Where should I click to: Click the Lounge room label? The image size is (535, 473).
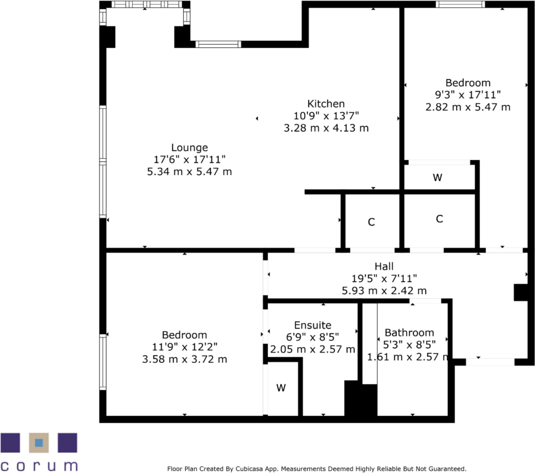[x=190, y=147]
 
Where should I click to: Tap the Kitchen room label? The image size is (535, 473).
[x=325, y=104]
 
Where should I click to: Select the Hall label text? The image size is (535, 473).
[x=384, y=266]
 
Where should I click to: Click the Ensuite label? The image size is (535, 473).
[x=312, y=325]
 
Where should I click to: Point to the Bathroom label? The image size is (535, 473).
[x=409, y=333]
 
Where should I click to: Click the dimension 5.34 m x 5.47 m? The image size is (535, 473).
[x=190, y=172]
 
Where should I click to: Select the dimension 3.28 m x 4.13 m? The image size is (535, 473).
[x=326, y=128]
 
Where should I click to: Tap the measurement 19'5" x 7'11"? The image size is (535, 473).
[x=384, y=279]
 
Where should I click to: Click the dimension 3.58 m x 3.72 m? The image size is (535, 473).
[x=184, y=359]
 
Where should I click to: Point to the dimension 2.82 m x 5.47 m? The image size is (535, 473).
[x=468, y=107]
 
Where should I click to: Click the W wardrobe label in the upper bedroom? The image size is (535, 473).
[x=437, y=177]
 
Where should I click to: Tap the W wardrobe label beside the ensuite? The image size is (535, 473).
[x=281, y=388]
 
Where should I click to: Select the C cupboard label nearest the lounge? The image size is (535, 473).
[x=371, y=222]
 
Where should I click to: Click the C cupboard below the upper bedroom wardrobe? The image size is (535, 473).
[x=439, y=219]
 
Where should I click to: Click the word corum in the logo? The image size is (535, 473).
[x=39, y=465]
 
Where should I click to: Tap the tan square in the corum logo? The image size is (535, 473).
[x=39, y=443]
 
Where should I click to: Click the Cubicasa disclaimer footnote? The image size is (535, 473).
[x=316, y=468]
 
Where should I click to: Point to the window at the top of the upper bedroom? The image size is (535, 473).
[x=460, y=5]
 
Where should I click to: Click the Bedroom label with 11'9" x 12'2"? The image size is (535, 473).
[x=184, y=334]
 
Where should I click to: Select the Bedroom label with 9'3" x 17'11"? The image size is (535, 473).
[x=468, y=83]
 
